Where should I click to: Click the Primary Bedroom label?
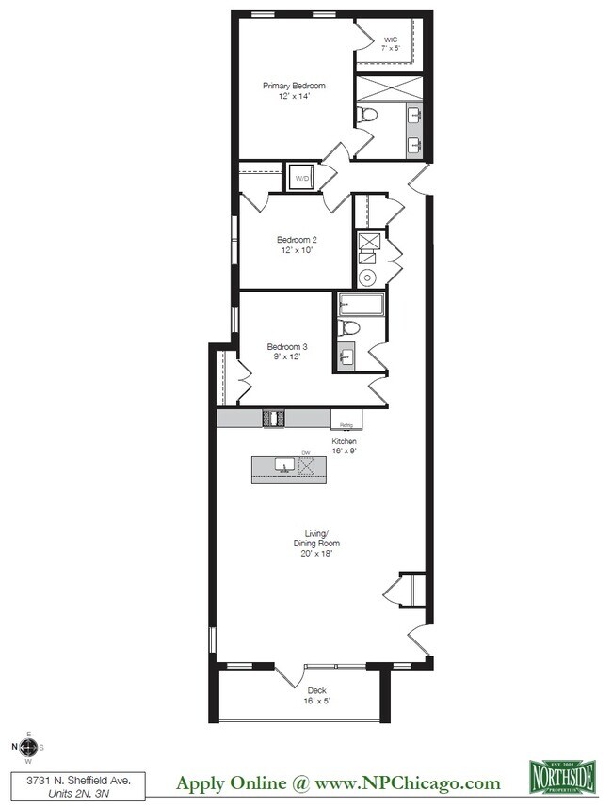tap(294, 86)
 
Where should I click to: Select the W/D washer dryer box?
tap(302, 178)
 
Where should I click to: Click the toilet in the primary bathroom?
tap(368, 116)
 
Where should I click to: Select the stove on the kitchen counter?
tap(274, 419)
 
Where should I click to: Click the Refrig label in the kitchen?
tap(346, 424)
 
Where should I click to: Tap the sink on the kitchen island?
tap(282, 466)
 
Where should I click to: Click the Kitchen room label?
tap(344, 441)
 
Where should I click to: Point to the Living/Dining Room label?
tap(315, 538)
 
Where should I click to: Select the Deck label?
tap(315, 689)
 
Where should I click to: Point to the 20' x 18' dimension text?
tap(315, 554)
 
